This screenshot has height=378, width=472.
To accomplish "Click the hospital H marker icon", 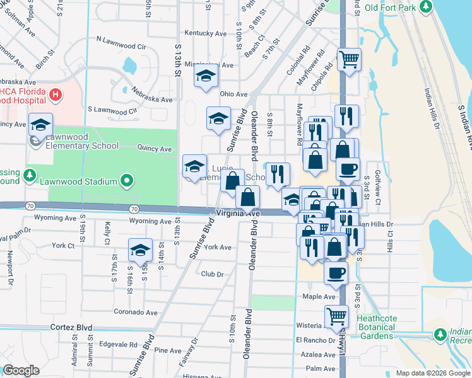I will (x=56, y=95).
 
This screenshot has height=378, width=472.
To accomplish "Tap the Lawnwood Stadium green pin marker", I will (x=127, y=181).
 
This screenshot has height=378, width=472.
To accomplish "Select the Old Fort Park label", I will (x=391, y=8).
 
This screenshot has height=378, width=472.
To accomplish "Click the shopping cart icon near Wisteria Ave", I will (x=336, y=316).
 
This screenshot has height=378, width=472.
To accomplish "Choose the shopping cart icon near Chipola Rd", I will (x=349, y=59).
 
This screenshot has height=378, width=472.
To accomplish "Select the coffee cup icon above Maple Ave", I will (x=336, y=273).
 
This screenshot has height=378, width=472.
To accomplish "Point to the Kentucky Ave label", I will (x=205, y=33).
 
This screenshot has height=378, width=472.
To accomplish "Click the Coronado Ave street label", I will (x=135, y=312).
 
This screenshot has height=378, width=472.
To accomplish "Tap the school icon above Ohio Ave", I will (x=205, y=77).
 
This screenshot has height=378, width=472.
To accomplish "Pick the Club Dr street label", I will (x=212, y=274).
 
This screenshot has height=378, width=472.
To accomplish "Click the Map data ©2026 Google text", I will (x=432, y=373).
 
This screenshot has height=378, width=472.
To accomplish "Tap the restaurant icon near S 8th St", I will (x=278, y=174).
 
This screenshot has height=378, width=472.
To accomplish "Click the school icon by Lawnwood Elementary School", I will (x=40, y=124).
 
